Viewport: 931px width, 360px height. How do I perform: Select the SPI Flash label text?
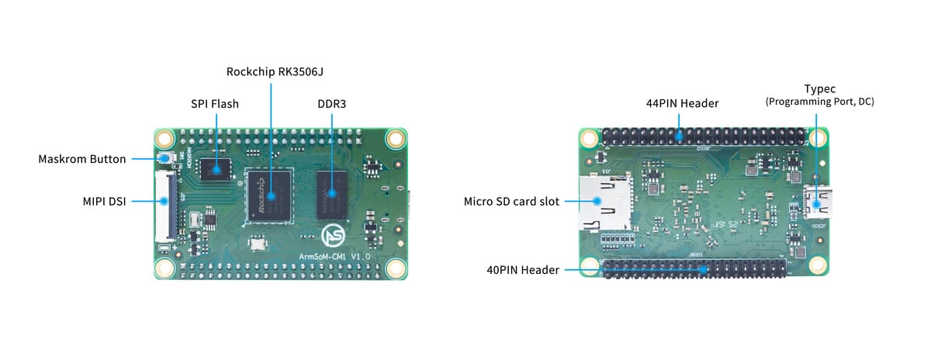click(x=215, y=103)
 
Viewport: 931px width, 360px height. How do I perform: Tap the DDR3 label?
click(x=332, y=103)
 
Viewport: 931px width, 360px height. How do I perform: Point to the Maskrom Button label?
click(x=81, y=159)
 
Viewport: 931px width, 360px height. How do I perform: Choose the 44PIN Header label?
click(x=682, y=103)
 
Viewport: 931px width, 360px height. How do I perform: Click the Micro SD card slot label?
click(x=512, y=201)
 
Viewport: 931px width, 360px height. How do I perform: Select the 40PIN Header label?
click(x=522, y=270)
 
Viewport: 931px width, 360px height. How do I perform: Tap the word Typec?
click(x=819, y=88)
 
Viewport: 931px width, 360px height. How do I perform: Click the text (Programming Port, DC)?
click(x=819, y=102)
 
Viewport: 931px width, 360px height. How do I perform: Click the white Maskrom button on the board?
click(x=166, y=159)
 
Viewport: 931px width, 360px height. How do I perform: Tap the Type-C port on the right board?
click(x=817, y=202)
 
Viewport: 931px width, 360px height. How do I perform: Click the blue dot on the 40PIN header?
click(x=704, y=270)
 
